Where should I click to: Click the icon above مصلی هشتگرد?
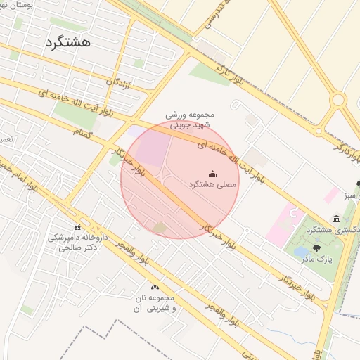point(213,174)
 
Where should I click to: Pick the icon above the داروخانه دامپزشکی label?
point(78,227)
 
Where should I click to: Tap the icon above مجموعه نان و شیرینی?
point(155,288)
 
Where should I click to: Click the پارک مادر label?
point(317,259)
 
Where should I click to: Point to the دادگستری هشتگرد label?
point(330,230)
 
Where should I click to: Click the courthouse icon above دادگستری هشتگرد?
point(337,219)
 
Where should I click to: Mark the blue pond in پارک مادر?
point(300,251)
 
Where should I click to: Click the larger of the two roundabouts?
point(339,100)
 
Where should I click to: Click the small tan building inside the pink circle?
point(160,226)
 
